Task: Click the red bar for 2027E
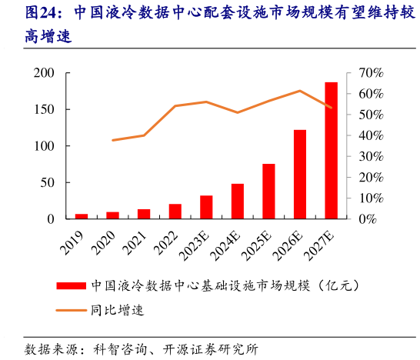pos(331,151)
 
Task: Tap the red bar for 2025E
pos(268,192)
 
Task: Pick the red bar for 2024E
pos(238,202)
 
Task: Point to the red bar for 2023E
pos(206,208)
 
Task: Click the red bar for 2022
pos(175,212)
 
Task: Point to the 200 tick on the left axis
pos(43,73)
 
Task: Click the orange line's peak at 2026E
pos(300,91)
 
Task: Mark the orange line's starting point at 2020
pos(113,140)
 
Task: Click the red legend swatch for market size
pos(71,286)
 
